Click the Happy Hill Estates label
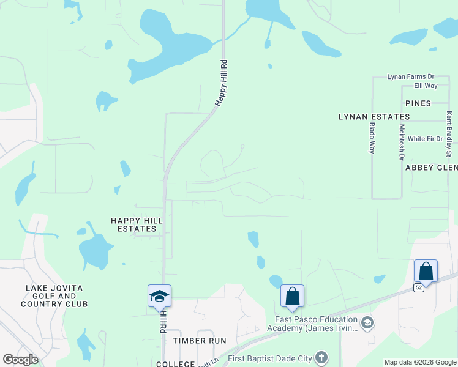133,224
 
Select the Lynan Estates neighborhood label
374,116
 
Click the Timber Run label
199,340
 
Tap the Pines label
418,103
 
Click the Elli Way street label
426,86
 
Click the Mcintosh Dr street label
402,142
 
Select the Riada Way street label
372,138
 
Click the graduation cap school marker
159,297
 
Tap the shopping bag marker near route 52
426,271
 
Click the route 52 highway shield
418,287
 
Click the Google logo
20,359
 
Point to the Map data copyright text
419,362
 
